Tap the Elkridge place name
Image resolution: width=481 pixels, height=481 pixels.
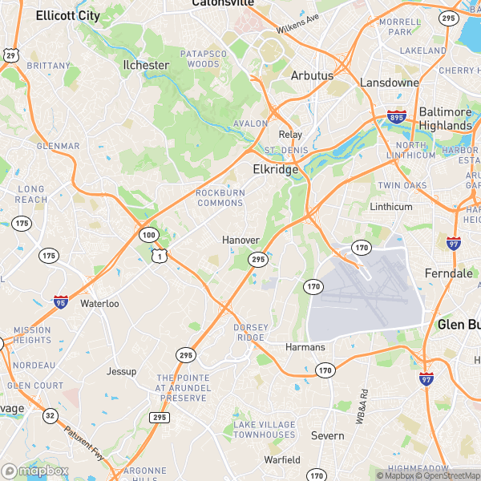pos(276,170)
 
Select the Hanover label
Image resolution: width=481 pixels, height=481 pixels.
pos(240,240)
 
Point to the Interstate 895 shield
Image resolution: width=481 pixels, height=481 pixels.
pos(396,117)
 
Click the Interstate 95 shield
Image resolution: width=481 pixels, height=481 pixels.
pos(61,301)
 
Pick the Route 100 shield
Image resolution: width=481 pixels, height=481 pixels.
pos(148,235)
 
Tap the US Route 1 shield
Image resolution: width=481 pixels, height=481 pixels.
pos(161,256)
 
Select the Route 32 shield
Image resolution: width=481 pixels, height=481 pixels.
pos(50,415)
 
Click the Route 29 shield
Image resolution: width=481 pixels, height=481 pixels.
pos(10,55)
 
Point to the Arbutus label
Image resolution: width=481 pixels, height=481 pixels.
pos(312,75)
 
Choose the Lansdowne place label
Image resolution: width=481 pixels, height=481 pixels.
pos(390,83)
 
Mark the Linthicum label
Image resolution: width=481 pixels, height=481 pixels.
pos(390,207)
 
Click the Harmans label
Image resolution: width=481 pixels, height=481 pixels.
pos(305,347)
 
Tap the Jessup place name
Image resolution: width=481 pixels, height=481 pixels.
pos(122,372)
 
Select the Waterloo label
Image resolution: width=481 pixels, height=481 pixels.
pos(99,304)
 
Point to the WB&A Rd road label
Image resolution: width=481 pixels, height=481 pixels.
pos(362,405)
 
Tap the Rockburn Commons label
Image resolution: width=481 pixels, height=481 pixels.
pos(219,197)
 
